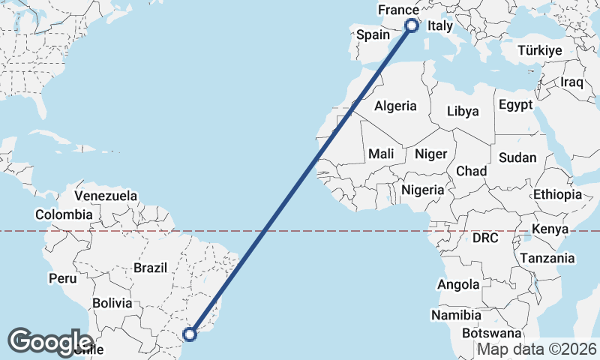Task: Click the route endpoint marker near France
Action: point(412,25)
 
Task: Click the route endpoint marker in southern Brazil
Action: point(190,334)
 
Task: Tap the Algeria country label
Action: point(395,106)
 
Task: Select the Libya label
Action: point(462,111)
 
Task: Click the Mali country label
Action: point(381,154)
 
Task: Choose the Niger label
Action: point(430,154)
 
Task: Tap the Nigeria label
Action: point(422,190)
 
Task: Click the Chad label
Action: point(471,171)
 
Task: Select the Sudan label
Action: point(517,157)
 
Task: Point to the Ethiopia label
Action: point(557,195)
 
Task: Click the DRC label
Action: point(485,238)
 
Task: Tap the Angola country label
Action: point(458,284)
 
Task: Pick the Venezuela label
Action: point(106,196)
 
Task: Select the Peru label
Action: point(63,278)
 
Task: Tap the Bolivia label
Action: point(112,304)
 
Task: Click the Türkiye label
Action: point(540,51)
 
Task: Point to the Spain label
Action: point(373,34)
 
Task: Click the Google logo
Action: point(50,341)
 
